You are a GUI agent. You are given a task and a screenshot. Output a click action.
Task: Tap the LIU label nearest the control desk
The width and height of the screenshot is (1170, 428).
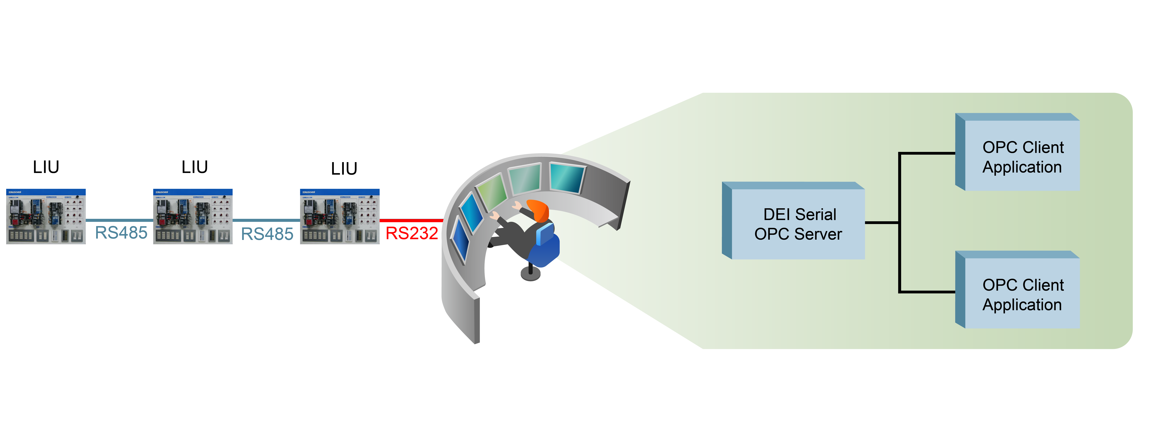coord(344,169)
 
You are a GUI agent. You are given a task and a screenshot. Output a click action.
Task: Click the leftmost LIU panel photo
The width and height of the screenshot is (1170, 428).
coord(46,217)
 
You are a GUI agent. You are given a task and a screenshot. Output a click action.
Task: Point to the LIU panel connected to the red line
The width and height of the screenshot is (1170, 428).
coord(340,217)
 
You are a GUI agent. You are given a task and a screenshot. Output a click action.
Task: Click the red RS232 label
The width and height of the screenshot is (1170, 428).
coord(411,233)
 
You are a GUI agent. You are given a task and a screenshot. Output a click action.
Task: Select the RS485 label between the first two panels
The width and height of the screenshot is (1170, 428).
coord(121,233)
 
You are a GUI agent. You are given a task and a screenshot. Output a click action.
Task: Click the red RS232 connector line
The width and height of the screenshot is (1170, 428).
coord(411,221)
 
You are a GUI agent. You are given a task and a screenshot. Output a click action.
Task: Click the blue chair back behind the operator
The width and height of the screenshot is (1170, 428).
coord(545,234)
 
